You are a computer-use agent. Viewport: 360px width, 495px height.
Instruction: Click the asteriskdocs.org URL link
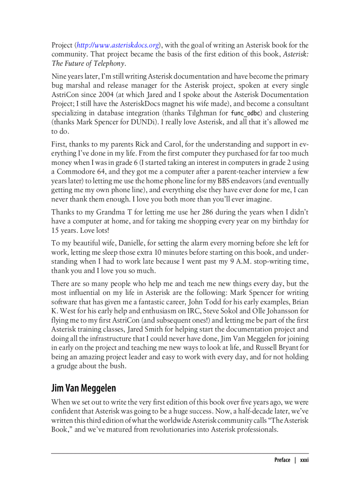[118, 45]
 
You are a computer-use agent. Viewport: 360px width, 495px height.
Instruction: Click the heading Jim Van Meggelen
[83, 388]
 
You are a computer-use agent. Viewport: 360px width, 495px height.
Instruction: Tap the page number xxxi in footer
[304, 460]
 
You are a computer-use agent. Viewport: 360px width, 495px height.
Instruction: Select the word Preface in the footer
[282, 460]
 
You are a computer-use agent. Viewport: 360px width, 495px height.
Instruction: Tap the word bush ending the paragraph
[118, 366]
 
